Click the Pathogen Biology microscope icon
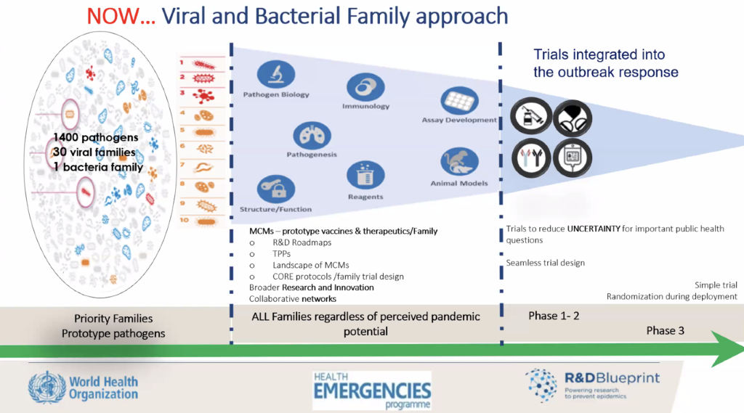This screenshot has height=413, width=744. tap(275, 74)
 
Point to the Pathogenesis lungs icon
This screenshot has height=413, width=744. tap(311, 135)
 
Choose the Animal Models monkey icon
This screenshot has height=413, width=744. tap(459, 161)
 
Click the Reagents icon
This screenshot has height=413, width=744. tap(365, 175)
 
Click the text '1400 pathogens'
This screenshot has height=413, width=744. tap(95, 138)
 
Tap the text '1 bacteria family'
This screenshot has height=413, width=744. tap(97, 168)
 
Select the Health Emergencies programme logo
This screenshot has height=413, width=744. tap(371, 390)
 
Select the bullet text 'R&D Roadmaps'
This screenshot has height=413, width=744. tap(294, 242)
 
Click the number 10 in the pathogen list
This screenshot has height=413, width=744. tap(185, 217)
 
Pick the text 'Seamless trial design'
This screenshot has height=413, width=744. tap(545, 262)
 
